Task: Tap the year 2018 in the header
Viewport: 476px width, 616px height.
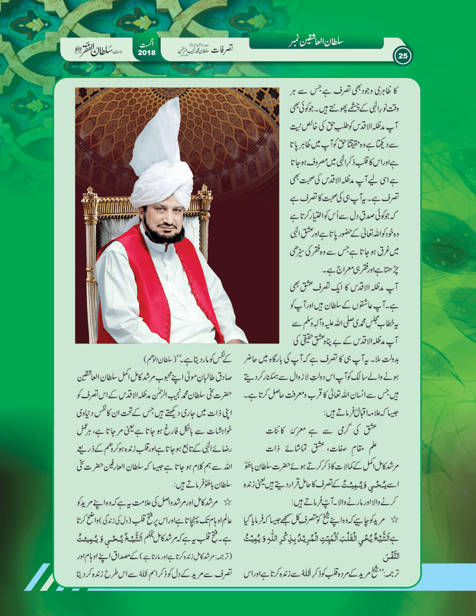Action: click(x=146, y=53)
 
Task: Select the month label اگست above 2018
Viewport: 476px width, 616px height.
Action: click(x=147, y=44)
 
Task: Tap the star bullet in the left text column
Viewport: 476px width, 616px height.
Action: click(x=227, y=502)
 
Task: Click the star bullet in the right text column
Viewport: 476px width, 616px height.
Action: click(x=394, y=520)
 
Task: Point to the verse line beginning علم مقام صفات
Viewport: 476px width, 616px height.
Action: click(x=322, y=448)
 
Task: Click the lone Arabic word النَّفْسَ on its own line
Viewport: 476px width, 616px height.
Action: click(x=391, y=556)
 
